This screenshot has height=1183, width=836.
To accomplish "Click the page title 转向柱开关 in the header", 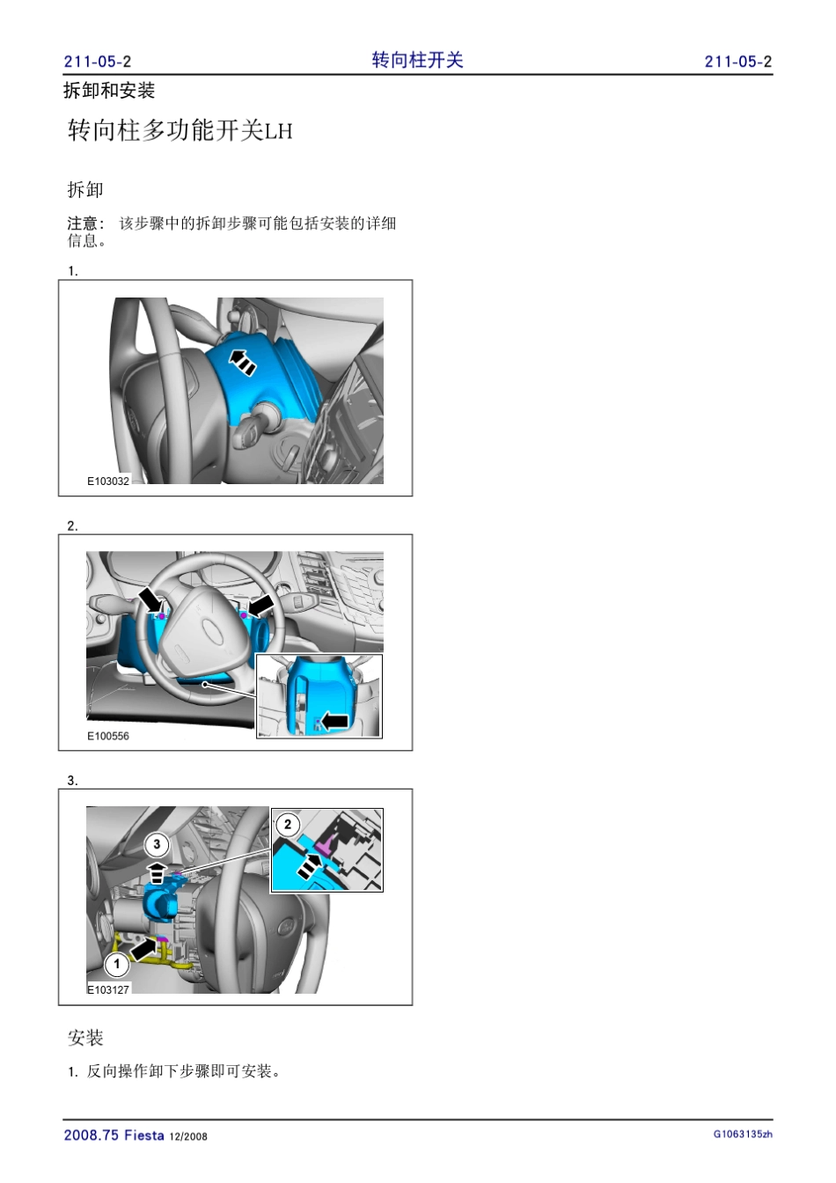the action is coord(417,60).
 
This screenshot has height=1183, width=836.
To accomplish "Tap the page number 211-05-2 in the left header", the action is coord(98,62).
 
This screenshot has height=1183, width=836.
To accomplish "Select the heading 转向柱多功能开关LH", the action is coord(180,130).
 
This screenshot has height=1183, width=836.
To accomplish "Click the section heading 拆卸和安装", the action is coord(109,91).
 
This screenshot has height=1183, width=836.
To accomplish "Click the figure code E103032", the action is coord(108,481).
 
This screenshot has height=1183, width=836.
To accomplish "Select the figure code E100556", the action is coord(108,736).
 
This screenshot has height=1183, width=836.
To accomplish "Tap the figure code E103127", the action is coord(108,989).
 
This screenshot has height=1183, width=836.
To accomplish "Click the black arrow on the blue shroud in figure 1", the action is coord(243,362).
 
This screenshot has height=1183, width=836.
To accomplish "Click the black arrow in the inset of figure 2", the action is coord(334,721).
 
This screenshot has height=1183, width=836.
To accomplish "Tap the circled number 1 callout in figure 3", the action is coord(117,965).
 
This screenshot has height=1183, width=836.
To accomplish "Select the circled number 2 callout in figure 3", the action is coord(288,825).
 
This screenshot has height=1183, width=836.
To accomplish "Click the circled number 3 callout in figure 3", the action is coord(157,844).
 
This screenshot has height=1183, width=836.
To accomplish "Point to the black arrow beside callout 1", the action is coord(143,948).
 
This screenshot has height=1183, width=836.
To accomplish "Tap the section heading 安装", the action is coord(85,1037).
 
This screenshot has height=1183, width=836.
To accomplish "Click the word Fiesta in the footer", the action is coord(144,1135).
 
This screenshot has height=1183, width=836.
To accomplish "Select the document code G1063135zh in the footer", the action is coord(743,1134).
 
